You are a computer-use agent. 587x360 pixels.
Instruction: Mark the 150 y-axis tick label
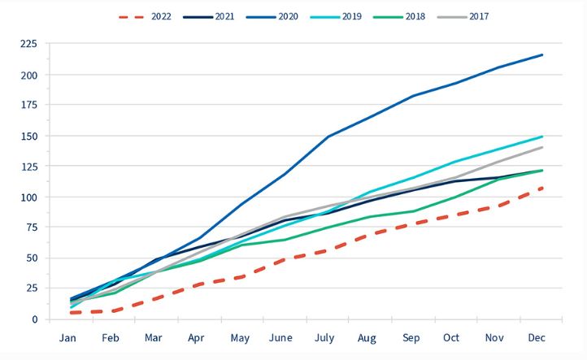pyautogui.click(x=29, y=137)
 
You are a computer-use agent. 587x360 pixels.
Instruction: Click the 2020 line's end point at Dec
pyautogui.click(x=542, y=54)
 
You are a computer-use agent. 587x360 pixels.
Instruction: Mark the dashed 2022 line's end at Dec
pyautogui.click(x=542, y=188)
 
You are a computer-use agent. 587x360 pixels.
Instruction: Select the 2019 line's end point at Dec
pyautogui.click(x=542, y=137)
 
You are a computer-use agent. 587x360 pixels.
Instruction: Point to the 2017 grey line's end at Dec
pyautogui.click(x=542, y=147)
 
